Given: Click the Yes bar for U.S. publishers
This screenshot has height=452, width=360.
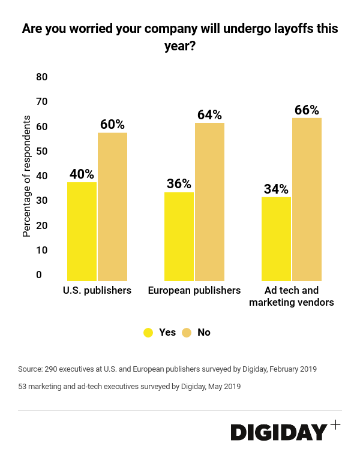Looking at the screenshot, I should tap(82, 231).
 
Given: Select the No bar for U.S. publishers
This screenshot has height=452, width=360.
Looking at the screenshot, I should tap(112, 207).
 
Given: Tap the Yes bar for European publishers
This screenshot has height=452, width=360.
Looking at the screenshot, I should tap(179, 236).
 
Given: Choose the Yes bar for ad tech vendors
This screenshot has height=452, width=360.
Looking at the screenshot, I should tap(276, 239).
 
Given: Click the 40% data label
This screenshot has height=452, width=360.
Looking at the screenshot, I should tap(82, 174).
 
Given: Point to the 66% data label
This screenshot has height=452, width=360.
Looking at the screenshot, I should tap(307, 110).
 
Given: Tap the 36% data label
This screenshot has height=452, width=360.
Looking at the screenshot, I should tap(179, 184).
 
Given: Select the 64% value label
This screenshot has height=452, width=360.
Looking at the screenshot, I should tap(209, 115).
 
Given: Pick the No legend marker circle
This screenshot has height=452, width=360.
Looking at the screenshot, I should tap(186, 332).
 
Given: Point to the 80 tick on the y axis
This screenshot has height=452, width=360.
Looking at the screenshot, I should tap(42, 77).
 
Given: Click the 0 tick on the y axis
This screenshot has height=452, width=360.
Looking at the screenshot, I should tap(39, 275).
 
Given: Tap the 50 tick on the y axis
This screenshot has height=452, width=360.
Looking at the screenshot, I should tap(42, 152).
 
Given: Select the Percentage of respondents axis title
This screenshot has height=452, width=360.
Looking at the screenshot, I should tap(26, 176).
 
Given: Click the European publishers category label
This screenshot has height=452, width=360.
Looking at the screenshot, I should tap(194, 291).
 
